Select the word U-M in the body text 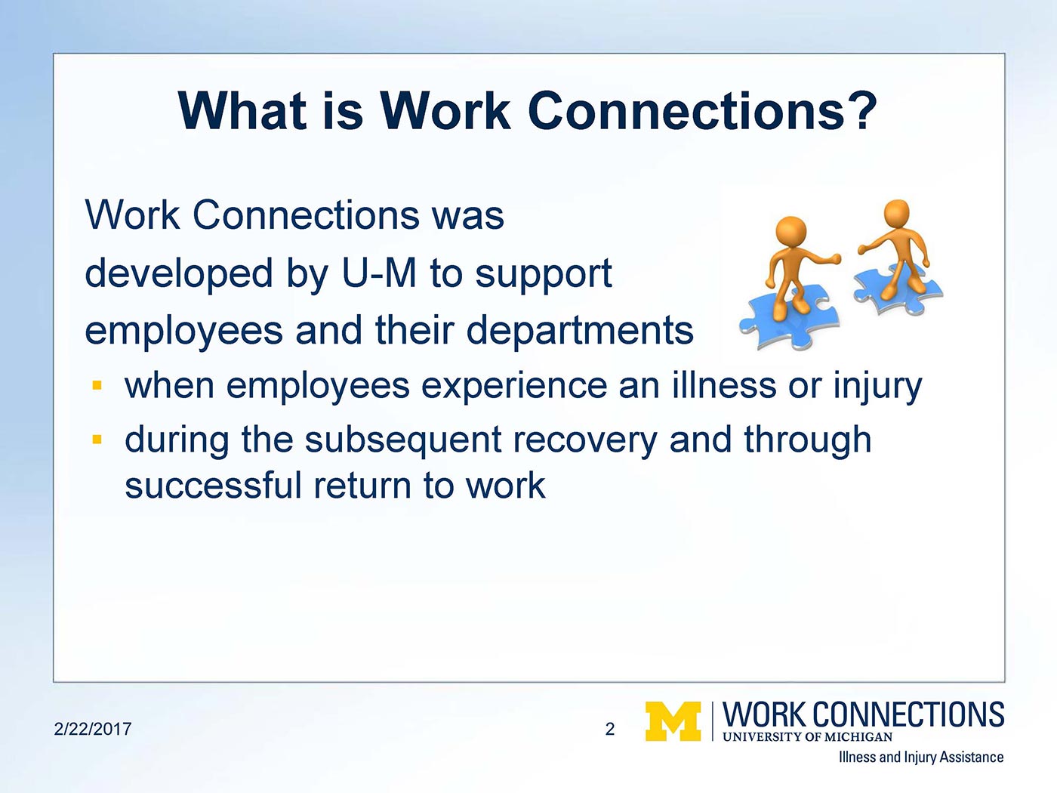tap(379, 273)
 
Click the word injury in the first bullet tap(877, 387)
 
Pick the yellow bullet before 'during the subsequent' tap(97, 439)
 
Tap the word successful tap(213, 485)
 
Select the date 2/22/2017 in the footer tap(93, 729)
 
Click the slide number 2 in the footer tap(610, 729)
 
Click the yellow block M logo tap(673, 721)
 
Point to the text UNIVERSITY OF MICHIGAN tap(807, 737)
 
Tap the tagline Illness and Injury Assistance tap(920, 757)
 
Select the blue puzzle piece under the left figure tap(785, 321)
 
